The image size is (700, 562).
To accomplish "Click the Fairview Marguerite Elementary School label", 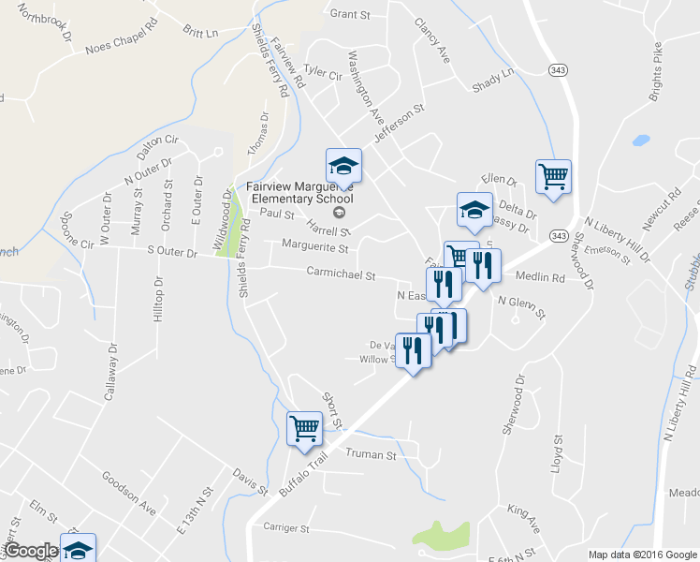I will click(x=299, y=192).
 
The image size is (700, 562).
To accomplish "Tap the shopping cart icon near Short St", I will click(x=305, y=428).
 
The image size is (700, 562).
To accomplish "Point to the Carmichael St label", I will click(x=341, y=275).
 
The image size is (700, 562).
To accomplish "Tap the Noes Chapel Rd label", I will click(x=117, y=47).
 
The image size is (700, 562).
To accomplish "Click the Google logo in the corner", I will click(x=30, y=551).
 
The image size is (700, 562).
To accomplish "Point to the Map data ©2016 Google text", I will click(x=642, y=555).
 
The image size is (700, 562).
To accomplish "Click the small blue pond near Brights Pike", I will click(x=640, y=141).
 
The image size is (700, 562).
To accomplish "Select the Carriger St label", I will click(x=286, y=528).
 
